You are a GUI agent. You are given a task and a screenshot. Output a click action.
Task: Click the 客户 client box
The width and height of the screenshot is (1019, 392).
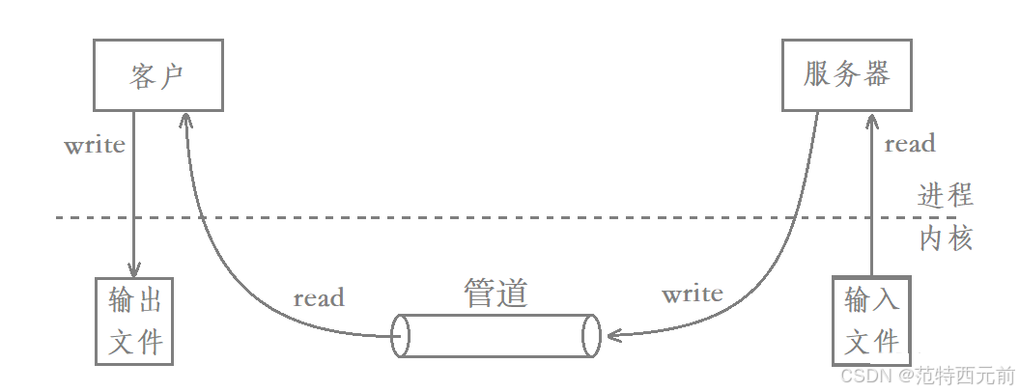coord(157,74)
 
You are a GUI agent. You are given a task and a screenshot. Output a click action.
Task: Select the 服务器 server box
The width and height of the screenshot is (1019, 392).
coord(846,74)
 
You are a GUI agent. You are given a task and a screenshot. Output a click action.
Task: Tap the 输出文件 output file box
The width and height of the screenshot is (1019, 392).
coord(134,321)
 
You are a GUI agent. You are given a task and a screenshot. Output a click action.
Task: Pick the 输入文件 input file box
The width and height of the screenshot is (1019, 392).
coord(871,321)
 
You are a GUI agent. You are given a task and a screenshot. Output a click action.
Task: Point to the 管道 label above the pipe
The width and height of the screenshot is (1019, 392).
coord(496,293)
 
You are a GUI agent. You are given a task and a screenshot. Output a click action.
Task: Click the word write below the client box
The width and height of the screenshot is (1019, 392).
coord(95,146)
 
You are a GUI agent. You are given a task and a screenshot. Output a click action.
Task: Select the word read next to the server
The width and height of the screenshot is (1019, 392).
coord(910,144)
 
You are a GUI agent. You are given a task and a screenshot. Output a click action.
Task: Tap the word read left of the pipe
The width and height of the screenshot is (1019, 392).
coord(319,298)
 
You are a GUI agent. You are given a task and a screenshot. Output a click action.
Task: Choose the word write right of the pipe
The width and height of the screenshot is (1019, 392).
coord(693,294)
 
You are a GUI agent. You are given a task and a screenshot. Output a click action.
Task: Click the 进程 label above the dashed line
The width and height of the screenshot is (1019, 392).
coord(945,195)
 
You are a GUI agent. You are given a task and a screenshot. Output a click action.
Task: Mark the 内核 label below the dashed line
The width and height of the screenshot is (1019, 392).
coord(945,238)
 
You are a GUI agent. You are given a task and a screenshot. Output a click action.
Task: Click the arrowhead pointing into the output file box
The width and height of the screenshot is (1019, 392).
coord(133,271)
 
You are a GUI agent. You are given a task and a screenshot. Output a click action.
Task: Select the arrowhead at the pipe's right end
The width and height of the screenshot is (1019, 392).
coord(612,336)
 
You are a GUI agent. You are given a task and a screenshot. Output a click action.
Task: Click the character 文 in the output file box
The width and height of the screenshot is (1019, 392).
coord(121,342)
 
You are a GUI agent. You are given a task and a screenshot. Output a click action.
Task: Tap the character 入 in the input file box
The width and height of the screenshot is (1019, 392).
coord(887,300)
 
